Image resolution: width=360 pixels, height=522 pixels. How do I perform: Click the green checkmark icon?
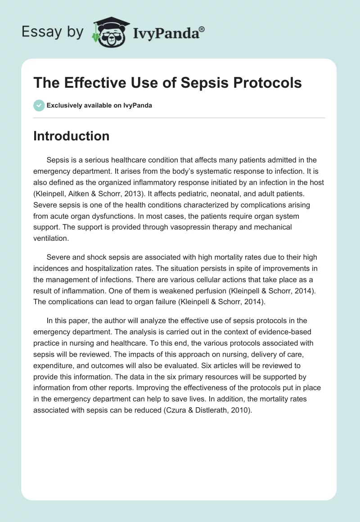coord(39,105)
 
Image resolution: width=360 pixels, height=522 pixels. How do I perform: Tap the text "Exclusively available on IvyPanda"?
coord(99,105)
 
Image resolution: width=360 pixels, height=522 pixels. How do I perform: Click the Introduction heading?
coord(71,136)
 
